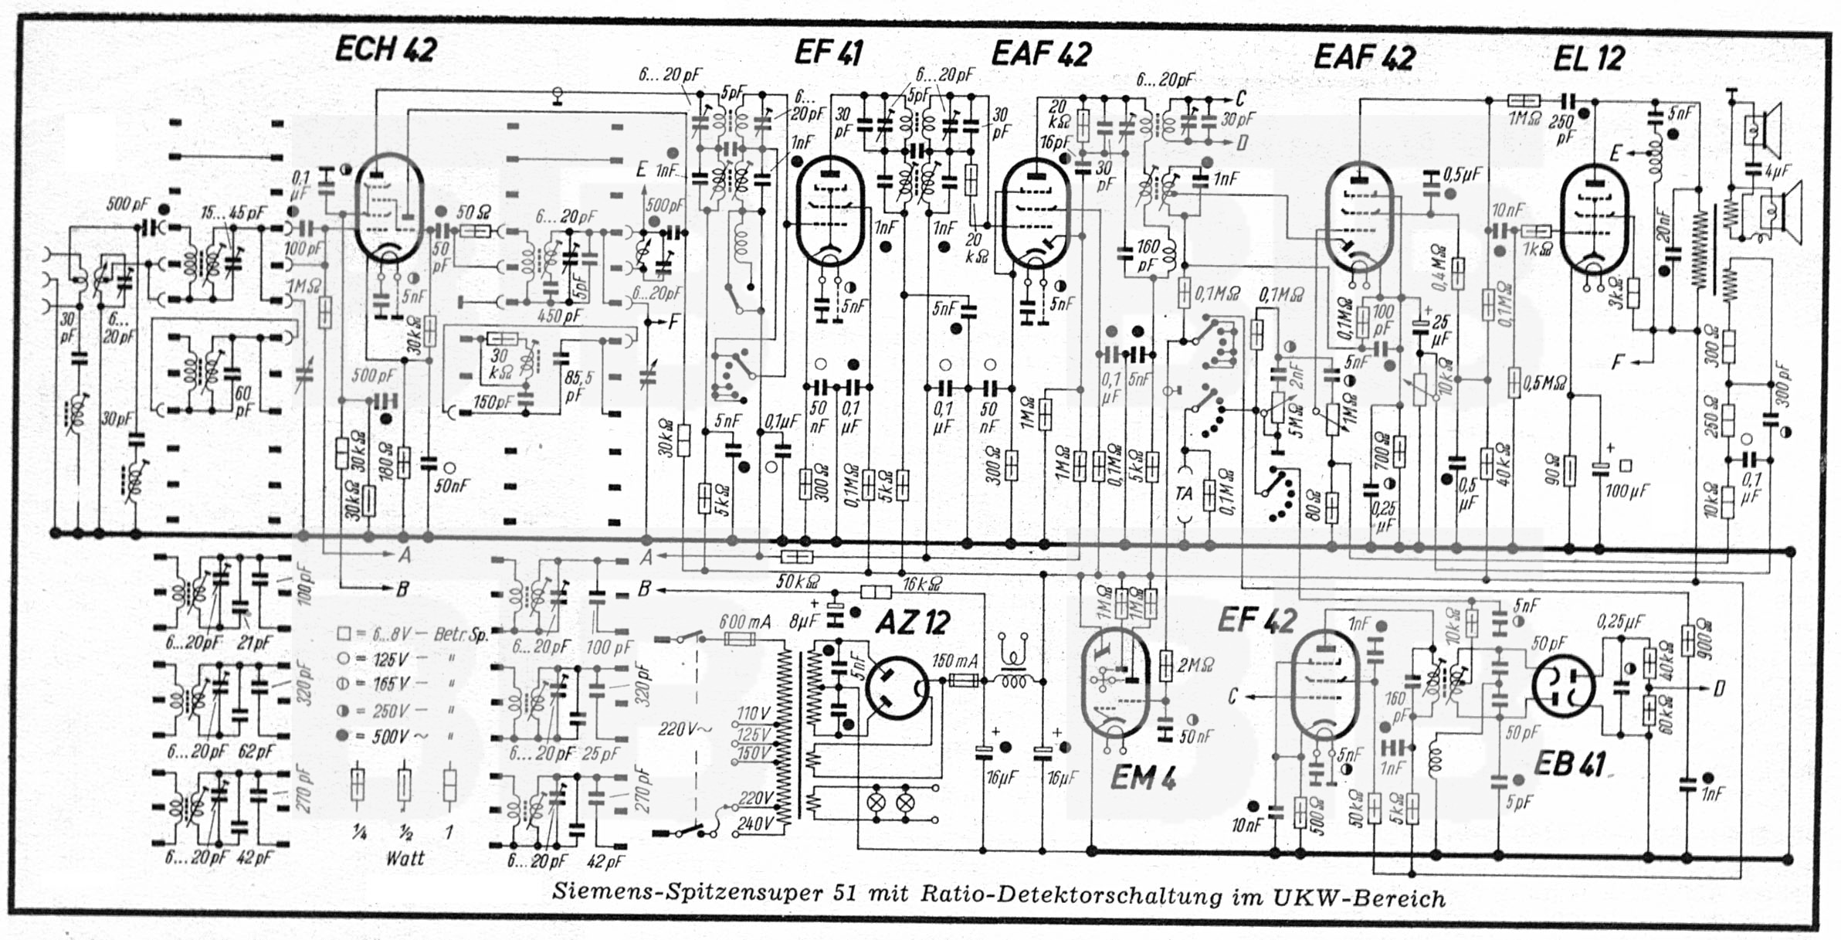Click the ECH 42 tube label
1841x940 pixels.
pos(385,50)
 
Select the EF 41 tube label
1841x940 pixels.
pos(828,53)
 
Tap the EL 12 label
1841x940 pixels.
pos(1588,58)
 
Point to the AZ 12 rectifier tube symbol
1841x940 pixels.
pos(896,688)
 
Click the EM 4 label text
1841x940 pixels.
pos(1142,778)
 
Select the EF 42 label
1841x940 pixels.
pos(1256,620)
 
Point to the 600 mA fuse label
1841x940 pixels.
pos(744,622)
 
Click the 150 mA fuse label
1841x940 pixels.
pos(954,661)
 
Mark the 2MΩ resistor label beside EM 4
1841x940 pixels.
pos(1195,664)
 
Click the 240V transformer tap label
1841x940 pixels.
pos(755,823)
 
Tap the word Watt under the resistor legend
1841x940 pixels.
pos(405,857)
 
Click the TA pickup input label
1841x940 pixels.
pos(1183,493)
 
